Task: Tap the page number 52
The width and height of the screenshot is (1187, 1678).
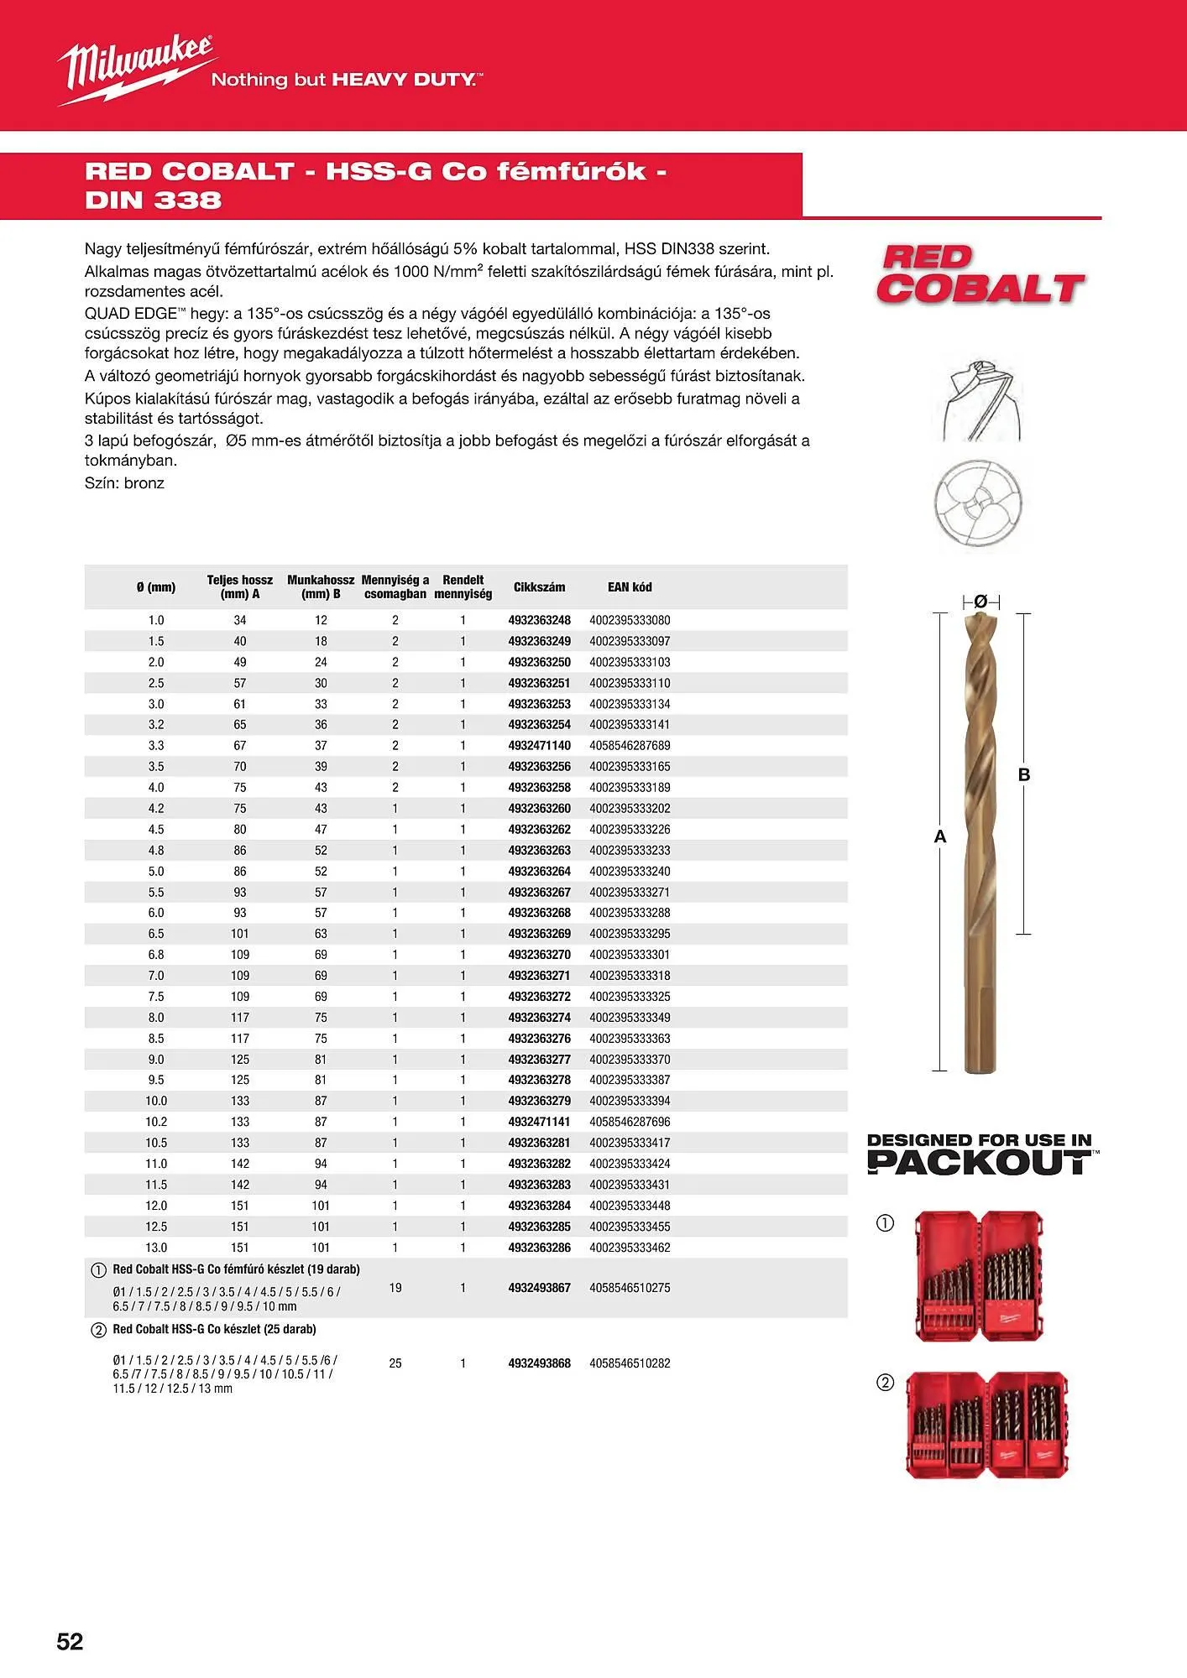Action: [70, 1642]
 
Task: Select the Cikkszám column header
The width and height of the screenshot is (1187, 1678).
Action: [539, 587]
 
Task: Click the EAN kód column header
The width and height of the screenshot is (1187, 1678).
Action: [630, 587]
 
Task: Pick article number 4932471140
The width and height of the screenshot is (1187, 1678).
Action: [539, 746]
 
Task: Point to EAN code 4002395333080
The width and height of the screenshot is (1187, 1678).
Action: [630, 621]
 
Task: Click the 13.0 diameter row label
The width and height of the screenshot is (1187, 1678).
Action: [156, 1248]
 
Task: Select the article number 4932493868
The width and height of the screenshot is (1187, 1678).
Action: [539, 1363]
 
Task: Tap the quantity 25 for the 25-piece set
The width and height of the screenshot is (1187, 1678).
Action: [395, 1363]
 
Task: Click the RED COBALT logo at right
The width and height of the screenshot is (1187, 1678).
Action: [980, 275]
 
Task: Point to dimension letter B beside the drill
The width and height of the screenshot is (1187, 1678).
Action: [1024, 775]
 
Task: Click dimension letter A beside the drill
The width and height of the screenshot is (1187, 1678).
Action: [940, 836]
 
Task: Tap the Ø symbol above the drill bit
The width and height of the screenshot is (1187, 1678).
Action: [980, 601]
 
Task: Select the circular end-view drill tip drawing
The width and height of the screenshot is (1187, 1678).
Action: [978, 504]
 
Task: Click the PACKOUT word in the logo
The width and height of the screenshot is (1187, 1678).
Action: [979, 1163]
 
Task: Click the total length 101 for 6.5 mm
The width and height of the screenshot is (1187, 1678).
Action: [240, 934]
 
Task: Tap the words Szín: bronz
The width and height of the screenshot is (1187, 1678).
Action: [124, 483]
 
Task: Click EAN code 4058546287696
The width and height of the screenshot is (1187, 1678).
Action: [630, 1122]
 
